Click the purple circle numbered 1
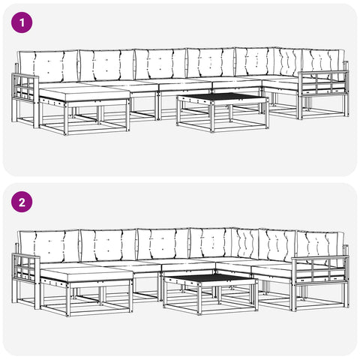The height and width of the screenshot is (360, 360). [x=22, y=22]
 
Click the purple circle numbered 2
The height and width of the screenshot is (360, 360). [x=22, y=202]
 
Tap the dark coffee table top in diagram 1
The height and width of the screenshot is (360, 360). [x=222, y=97]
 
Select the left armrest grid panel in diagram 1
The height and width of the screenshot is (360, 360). [x=25, y=88]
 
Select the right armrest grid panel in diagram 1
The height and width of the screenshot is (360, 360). [x=323, y=83]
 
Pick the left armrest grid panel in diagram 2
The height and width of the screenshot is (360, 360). [x=25, y=268]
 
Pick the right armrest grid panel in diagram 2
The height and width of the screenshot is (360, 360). [x=320, y=269]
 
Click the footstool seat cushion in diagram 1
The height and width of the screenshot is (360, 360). [x=85, y=94]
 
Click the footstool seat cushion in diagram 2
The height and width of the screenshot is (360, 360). [x=86, y=274]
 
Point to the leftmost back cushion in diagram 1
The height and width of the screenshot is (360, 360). [x=49, y=66]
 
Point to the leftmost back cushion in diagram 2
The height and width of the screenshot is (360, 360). [x=49, y=247]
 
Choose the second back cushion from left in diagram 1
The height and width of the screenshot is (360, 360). [x=107, y=65]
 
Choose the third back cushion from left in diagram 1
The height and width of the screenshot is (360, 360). [x=160, y=64]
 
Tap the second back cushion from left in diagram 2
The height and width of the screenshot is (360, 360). [x=109, y=245]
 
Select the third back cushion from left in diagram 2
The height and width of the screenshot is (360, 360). [x=163, y=244]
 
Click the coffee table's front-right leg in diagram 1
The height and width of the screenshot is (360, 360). [x=266, y=113]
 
